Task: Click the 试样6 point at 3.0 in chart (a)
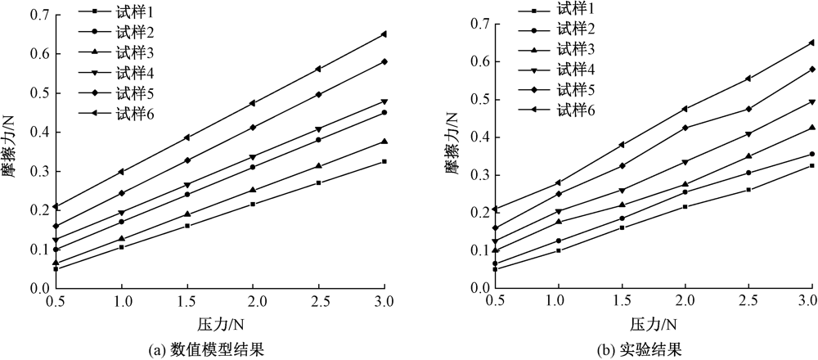click(384, 34)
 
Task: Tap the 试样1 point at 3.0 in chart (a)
click(384, 161)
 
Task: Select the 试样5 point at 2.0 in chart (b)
click(685, 128)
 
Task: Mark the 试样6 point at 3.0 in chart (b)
click(811, 43)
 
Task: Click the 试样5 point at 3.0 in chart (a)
click(384, 61)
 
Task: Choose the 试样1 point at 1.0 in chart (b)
click(558, 250)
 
